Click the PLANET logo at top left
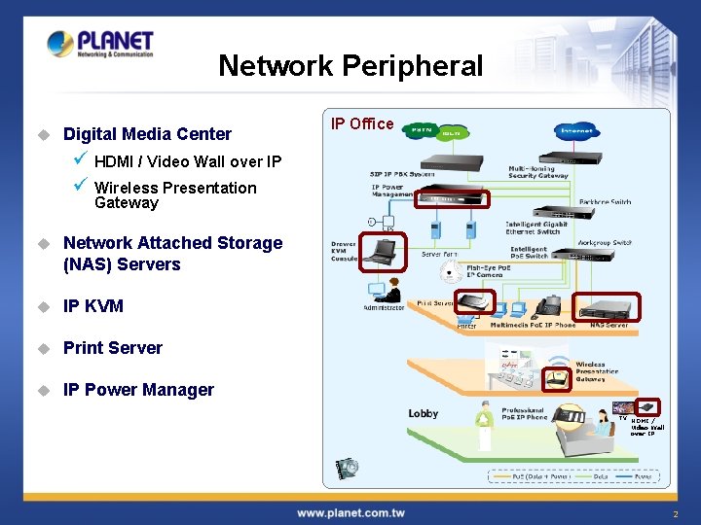tap(100, 45)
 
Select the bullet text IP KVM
tap(93, 306)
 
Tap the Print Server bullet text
tap(113, 348)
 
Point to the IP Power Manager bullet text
tap(138, 390)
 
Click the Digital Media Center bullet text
tap(147, 134)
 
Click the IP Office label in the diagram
tap(362, 123)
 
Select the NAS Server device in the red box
tap(606, 308)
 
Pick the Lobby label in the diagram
tap(423, 413)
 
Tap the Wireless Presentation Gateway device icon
tap(558, 377)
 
